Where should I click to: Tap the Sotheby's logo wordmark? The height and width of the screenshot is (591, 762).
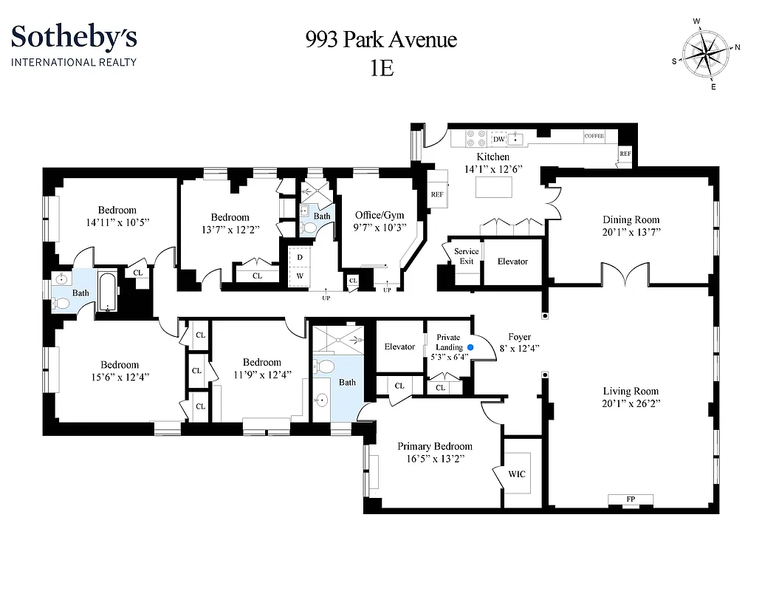pos(74,36)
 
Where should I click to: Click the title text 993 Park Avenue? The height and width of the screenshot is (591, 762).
pos(381,39)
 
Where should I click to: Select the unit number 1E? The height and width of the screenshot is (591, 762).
pos(382,68)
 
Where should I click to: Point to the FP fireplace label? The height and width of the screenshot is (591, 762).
pos(631,500)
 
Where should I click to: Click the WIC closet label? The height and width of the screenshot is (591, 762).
pos(517,474)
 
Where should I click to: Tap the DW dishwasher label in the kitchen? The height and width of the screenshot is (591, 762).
pos(499,139)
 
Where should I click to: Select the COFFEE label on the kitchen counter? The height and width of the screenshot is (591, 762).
pos(594,137)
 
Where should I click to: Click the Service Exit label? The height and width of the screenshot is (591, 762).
pos(466,256)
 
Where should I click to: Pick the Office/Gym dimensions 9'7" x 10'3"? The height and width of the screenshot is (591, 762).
pos(380,228)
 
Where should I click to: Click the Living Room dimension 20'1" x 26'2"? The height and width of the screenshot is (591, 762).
pos(631,404)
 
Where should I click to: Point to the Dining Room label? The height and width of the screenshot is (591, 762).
pos(631,219)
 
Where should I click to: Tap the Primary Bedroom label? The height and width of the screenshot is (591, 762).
pos(434,446)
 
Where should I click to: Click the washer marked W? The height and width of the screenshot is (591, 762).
pos(299,276)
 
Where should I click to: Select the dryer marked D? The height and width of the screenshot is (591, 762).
pos(299,256)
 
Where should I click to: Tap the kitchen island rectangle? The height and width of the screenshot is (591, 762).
pos(494,188)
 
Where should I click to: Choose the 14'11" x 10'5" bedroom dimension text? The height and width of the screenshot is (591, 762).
pos(117,222)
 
